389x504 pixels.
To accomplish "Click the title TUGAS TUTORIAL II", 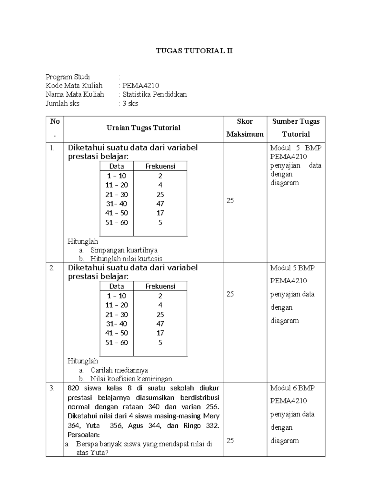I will coord(194,51).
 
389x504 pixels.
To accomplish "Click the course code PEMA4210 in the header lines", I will coord(140,86).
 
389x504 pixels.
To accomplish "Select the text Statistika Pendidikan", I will coord(154,94).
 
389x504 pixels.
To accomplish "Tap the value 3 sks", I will coord(130,104).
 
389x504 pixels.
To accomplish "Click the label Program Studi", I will coord(68,77).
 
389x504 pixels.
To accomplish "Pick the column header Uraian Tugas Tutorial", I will coord(143,128).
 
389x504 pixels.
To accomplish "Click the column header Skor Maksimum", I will coord(245,128).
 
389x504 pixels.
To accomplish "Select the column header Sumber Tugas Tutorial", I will coord(296,128).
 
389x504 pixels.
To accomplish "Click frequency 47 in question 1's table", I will coord(160,204).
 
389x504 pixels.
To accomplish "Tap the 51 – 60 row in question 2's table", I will coord(117,343).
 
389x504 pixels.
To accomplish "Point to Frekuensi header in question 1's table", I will coord(160,166).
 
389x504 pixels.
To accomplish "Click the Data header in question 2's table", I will coord(116,286).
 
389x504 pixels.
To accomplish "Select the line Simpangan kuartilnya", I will coord(124,250).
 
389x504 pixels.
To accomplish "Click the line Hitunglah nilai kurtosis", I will coord(126,259).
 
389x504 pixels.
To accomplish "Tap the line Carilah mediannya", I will coord(119,370).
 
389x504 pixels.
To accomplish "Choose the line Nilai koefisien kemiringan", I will coord(131,379).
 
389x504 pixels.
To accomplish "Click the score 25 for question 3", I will coord(230,441).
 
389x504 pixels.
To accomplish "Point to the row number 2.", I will coord(52,268).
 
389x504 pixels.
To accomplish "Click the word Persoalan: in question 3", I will coord(84,435).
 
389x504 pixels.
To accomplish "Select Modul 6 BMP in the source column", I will coord(292,388).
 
